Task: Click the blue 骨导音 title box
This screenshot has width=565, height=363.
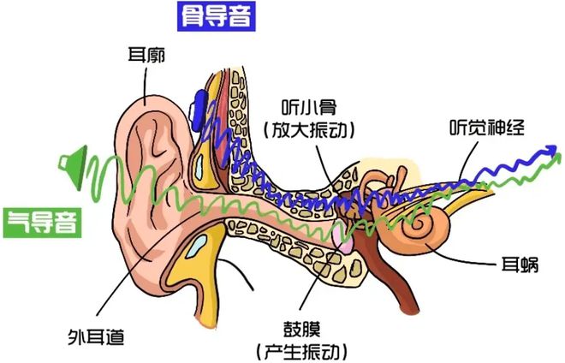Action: [x=217, y=16]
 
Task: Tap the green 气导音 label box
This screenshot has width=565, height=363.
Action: [x=43, y=223]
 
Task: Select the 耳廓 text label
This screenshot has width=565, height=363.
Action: [x=146, y=56]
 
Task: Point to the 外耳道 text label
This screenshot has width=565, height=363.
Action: [x=96, y=337]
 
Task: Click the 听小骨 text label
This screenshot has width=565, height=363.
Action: [x=309, y=107]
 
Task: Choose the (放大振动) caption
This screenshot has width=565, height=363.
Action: [x=309, y=129]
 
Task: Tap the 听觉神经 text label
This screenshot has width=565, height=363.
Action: [x=487, y=128]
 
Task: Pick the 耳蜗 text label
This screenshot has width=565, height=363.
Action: [x=520, y=265]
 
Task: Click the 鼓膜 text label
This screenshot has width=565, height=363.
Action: [x=302, y=329]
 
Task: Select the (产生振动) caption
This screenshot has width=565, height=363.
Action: [x=302, y=351]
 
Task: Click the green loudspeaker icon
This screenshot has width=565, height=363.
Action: [x=73, y=167]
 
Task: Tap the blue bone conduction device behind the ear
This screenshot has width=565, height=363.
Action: [x=199, y=110]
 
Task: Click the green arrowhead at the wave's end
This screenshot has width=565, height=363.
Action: [x=556, y=158]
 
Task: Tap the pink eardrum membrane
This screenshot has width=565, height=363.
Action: [x=342, y=238]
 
